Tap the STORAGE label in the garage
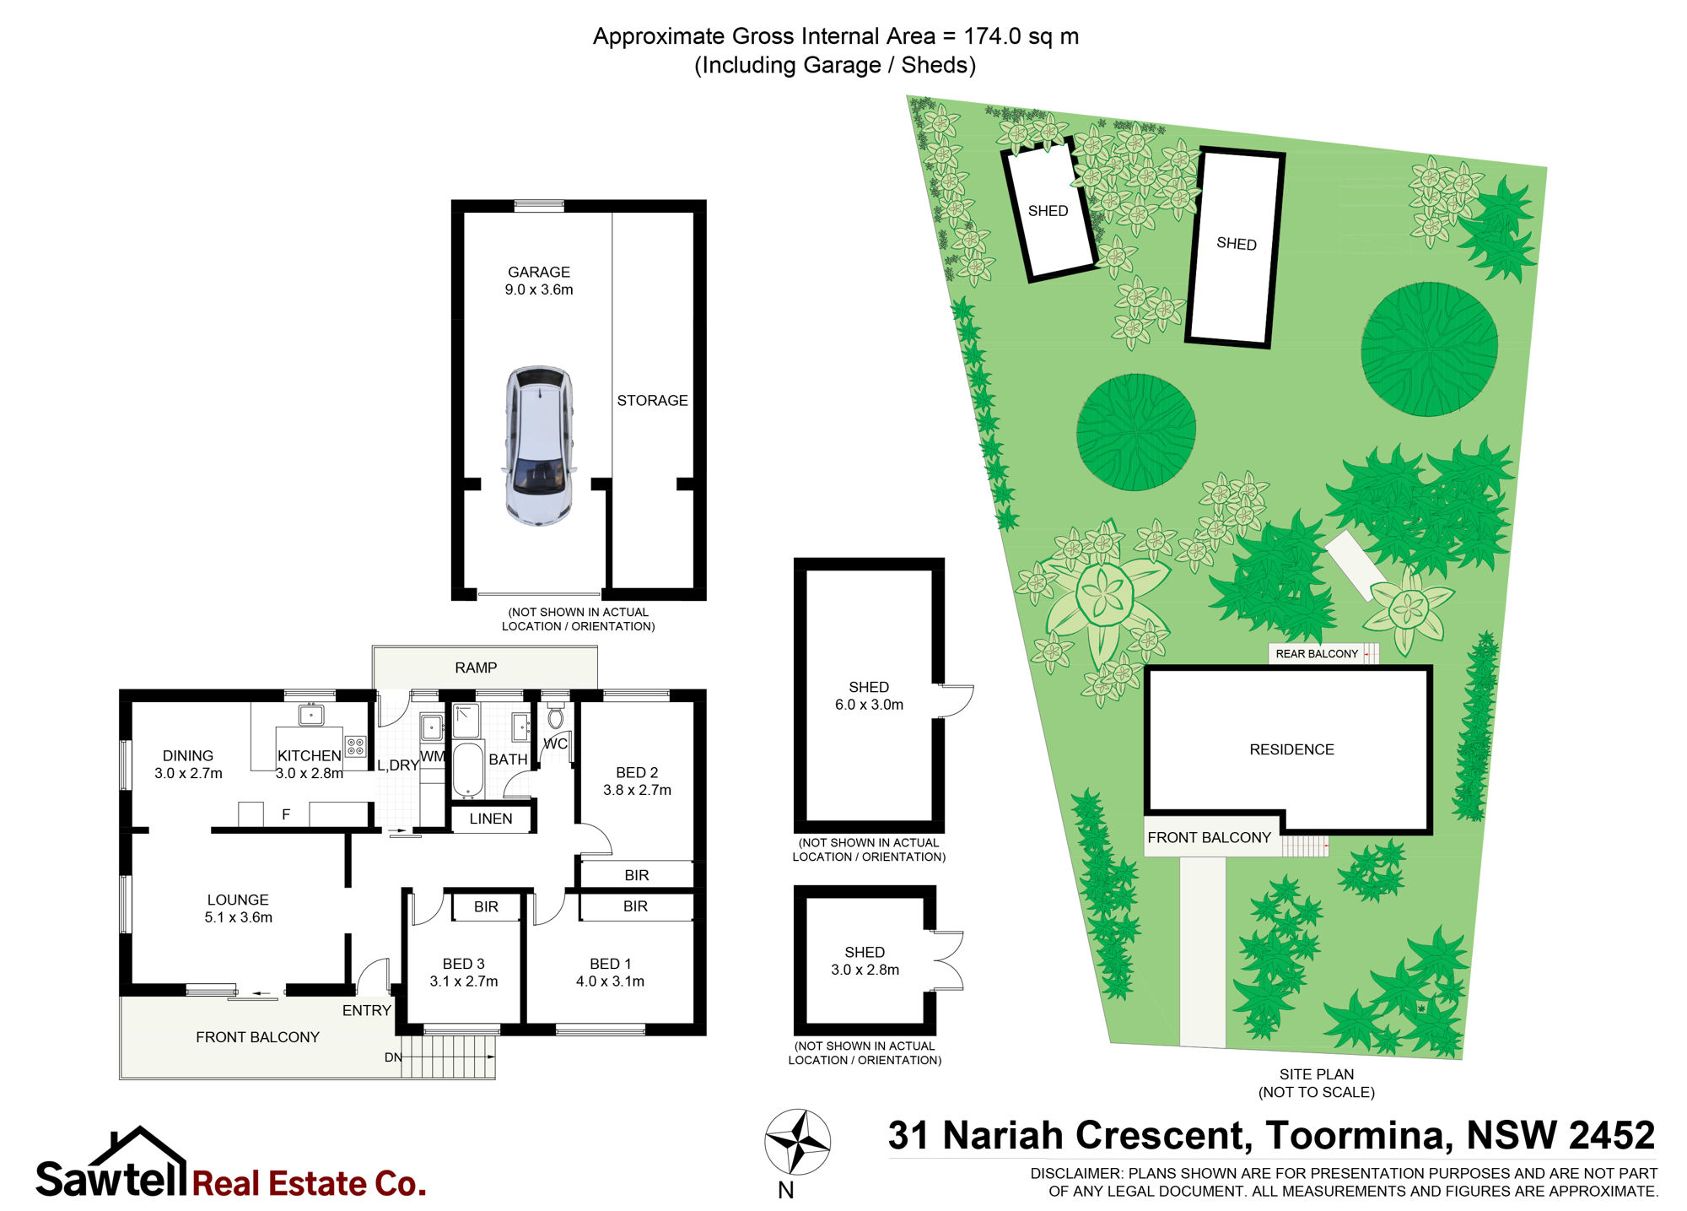(x=652, y=401)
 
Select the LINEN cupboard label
(x=491, y=819)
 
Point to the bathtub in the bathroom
(x=468, y=769)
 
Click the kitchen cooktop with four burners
(x=355, y=746)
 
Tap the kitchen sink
(x=310, y=715)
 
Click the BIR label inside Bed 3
(x=486, y=906)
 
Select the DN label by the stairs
(x=393, y=1057)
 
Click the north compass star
(x=798, y=1142)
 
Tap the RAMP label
(x=476, y=668)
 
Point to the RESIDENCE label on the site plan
(x=1291, y=749)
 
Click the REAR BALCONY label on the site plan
(x=1317, y=654)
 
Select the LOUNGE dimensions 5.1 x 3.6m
(x=238, y=917)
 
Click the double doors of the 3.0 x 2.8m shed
(x=949, y=960)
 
